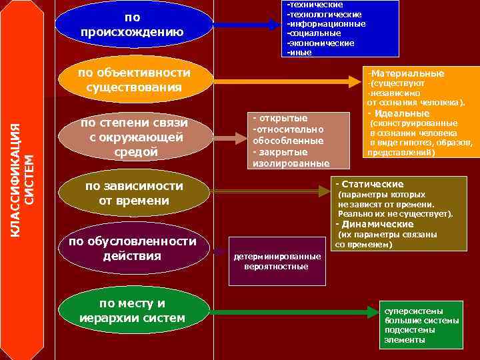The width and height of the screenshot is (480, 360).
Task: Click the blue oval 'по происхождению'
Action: (133, 24)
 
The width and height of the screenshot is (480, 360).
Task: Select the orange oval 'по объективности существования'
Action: (134, 79)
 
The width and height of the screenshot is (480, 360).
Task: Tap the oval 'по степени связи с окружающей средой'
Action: (134, 137)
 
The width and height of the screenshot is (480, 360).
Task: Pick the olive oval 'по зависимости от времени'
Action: (134, 193)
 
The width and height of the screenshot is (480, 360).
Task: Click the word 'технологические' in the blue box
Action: (325, 14)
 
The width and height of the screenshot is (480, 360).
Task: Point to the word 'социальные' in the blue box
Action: (314, 33)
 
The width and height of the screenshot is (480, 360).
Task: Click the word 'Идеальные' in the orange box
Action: (397, 113)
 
